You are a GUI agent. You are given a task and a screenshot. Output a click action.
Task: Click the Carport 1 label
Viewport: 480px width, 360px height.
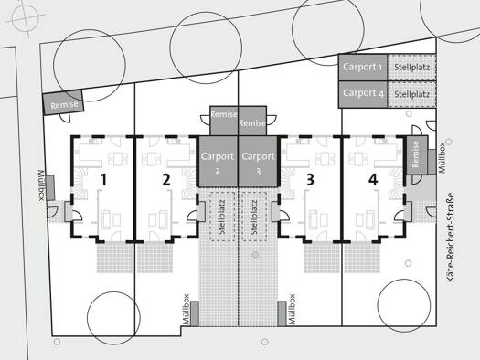click(363, 67)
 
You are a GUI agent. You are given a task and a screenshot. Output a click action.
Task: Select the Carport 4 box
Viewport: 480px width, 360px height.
click(363, 94)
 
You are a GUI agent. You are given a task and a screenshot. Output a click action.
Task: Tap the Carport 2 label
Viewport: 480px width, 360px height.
click(218, 162)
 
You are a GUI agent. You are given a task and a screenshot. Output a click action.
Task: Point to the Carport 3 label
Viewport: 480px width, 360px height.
click(258, 163)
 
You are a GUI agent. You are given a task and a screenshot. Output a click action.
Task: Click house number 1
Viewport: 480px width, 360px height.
click(104, 180)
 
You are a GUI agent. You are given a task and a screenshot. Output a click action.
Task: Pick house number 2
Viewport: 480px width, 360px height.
click(166, 180)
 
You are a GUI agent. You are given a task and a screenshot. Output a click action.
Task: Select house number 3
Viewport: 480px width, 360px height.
click(310, 180)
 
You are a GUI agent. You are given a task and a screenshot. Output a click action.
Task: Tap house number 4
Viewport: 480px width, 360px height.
click(373, 180)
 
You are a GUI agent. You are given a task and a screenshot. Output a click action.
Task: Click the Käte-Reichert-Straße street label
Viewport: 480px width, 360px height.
click(450, 237)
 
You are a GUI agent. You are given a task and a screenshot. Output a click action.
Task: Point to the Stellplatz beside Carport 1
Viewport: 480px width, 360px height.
click(411, 68)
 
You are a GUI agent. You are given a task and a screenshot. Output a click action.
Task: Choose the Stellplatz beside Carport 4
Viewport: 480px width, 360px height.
click(411, 94)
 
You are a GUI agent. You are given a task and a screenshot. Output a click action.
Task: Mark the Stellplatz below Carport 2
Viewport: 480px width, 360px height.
click(222, 217)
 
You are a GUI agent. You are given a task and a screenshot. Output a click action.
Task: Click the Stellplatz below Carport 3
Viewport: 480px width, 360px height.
click(254, 217)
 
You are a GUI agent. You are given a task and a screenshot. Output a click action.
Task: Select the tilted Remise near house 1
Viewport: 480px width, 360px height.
click(63, 102)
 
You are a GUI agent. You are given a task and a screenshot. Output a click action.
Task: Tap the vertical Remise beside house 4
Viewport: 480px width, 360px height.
click(417, 155)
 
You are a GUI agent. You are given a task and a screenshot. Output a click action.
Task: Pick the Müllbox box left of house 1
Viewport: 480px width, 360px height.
click(50, 187)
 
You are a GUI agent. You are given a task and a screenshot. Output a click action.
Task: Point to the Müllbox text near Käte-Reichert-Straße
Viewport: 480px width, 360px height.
click(442, 158)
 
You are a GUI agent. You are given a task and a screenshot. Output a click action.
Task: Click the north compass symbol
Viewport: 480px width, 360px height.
click(26, 16)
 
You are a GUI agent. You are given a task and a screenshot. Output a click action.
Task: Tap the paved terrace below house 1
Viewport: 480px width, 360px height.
click(115, 258)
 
